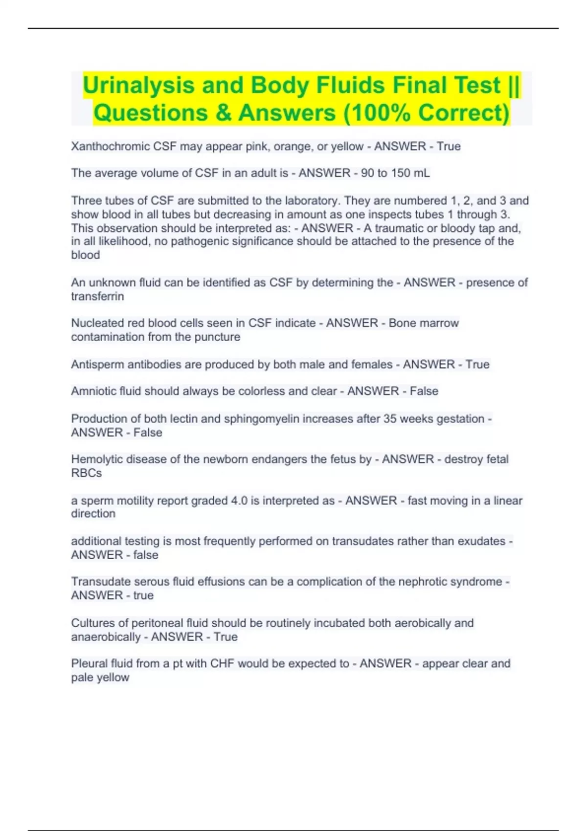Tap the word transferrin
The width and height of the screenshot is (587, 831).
(x=97, y=297)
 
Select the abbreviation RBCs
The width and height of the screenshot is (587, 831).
(x=87, y=473)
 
